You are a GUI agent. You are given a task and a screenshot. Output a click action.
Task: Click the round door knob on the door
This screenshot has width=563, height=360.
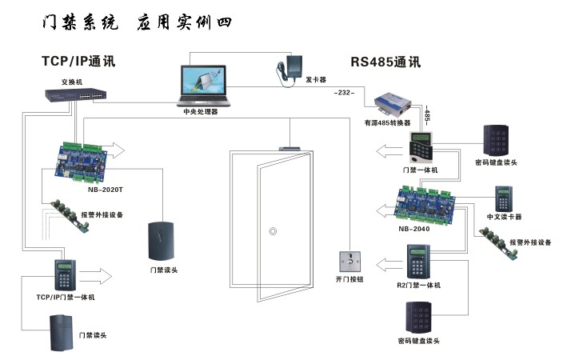click(x=274, y=233)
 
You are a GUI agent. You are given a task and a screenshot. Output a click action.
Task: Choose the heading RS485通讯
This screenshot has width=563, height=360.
click(x=385, y=62)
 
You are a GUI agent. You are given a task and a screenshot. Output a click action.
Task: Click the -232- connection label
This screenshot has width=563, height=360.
click(x=345, y=94)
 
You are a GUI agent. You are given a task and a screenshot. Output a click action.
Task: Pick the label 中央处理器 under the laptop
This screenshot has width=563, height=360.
click(x=200, y=112)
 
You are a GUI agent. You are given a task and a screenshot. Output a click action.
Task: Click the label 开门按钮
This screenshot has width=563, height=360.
click(x=349, y=280)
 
